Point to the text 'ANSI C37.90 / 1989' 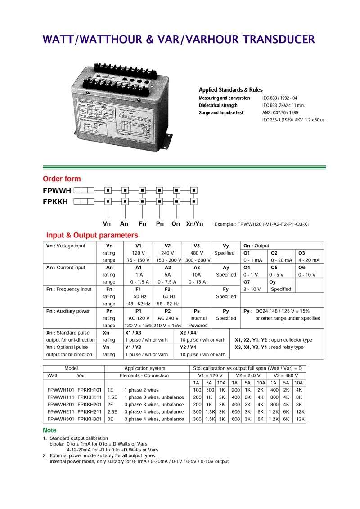click(280, 112)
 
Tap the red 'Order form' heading click(62, 179)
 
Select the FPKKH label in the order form click(55, 201)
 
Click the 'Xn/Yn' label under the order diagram click(194, 224)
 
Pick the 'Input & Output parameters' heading click(92, 235)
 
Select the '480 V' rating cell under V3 click(197, 253)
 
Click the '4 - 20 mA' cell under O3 click(309, 260)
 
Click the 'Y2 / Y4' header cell click(188, 333)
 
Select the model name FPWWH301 click(60, 419)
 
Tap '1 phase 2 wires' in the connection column click(142, 390)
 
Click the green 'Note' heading click(49, 430)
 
